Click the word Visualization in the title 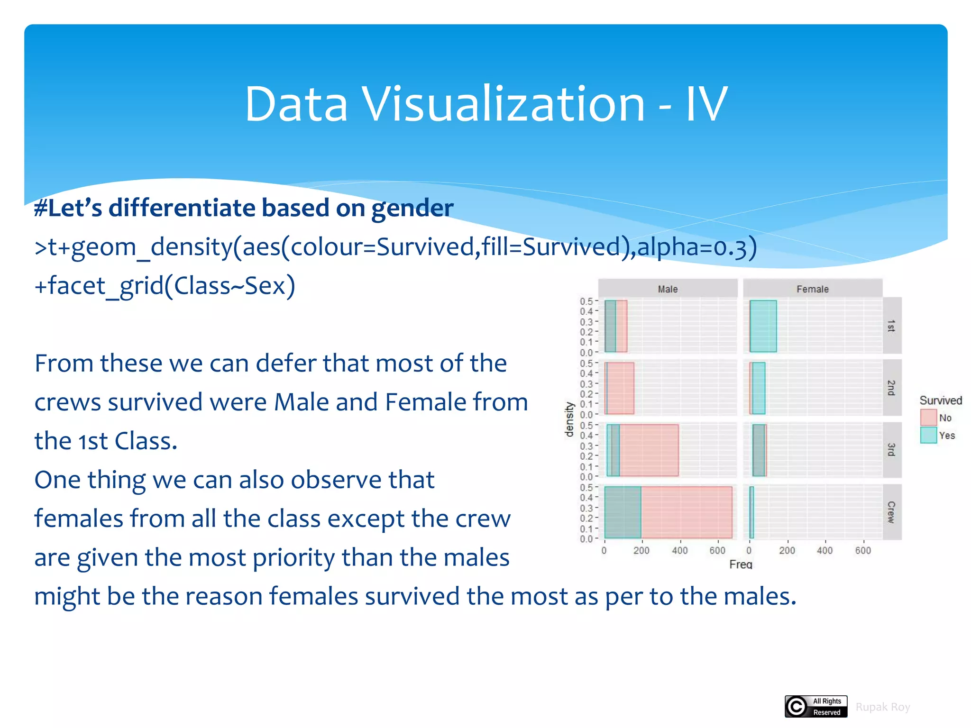504,104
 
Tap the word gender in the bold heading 412,209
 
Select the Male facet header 668,289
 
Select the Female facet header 812,289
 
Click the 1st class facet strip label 891,326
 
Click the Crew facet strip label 891,512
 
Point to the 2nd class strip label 891,388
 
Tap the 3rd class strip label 891,449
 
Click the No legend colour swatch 928,418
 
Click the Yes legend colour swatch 928,435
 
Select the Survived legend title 941,400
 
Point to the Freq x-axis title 741,564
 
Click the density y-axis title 569,419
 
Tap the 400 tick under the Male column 679,550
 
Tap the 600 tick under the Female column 863,550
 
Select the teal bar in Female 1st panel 763,326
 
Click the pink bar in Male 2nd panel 621,388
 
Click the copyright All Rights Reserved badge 816,706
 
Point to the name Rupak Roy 882,707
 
